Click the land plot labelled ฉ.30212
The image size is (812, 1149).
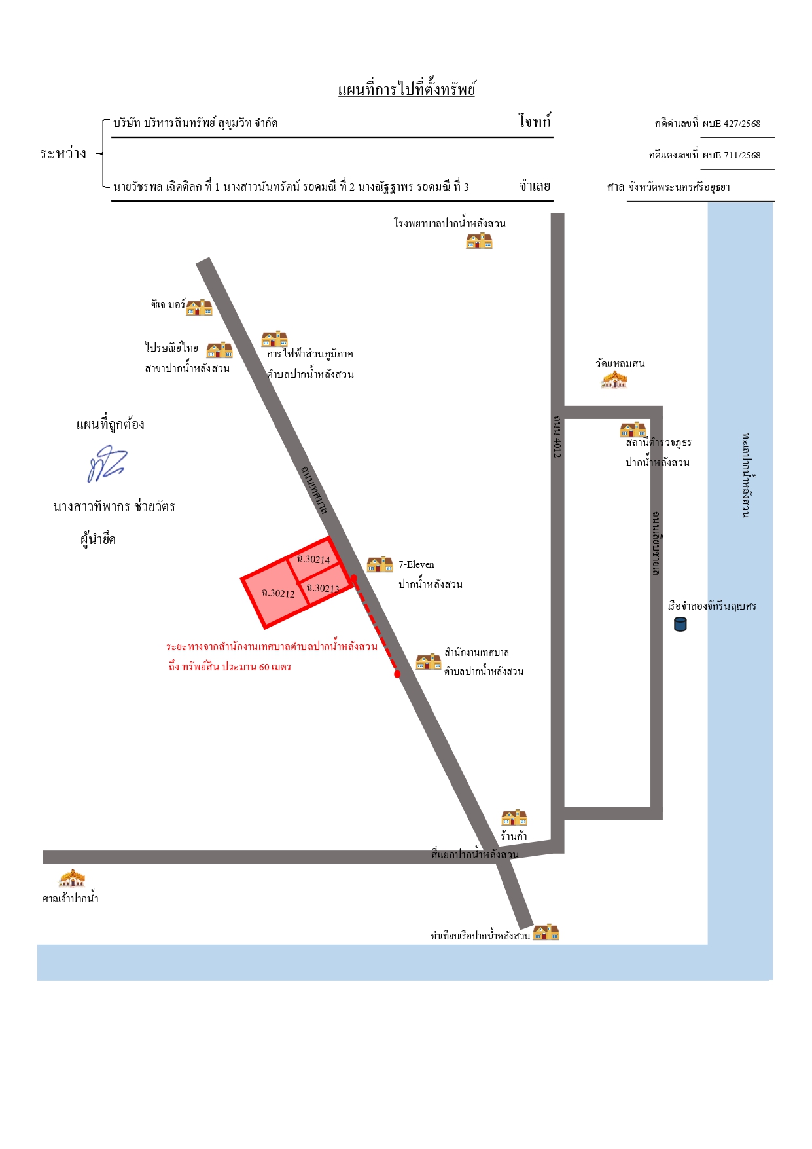(275, 593)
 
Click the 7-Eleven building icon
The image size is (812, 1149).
(380, 564)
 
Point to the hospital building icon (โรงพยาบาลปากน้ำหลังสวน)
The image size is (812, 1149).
(479, 241)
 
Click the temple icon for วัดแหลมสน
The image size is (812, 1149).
(614, 379)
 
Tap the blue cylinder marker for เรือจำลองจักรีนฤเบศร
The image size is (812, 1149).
(680, 624)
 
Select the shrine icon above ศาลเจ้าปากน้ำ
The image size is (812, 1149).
(72, 878)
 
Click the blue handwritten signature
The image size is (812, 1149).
(107, 464)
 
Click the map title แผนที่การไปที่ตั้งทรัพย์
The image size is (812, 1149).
(406, 90)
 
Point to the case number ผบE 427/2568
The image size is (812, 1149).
(732, 124)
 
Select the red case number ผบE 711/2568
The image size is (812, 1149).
(732, 155)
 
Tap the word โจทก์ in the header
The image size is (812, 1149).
(535, 121)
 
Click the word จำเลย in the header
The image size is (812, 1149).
(535, 186)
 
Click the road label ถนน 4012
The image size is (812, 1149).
(557, 435)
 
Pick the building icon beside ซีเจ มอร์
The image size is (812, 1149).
(200, 307)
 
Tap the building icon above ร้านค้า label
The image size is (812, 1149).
(514, 818)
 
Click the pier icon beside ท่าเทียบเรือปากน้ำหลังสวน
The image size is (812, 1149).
(546, 932)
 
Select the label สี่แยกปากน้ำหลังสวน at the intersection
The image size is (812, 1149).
(475, 854)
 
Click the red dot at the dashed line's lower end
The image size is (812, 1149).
(397, 674)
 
